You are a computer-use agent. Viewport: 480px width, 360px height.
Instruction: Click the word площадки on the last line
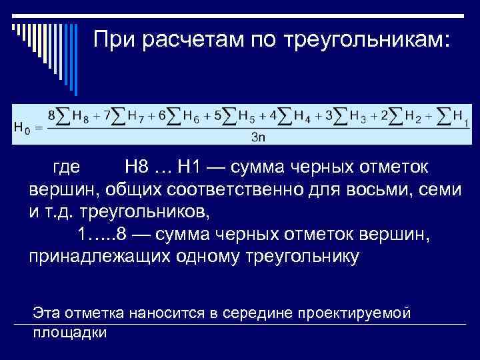click(69, 331)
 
